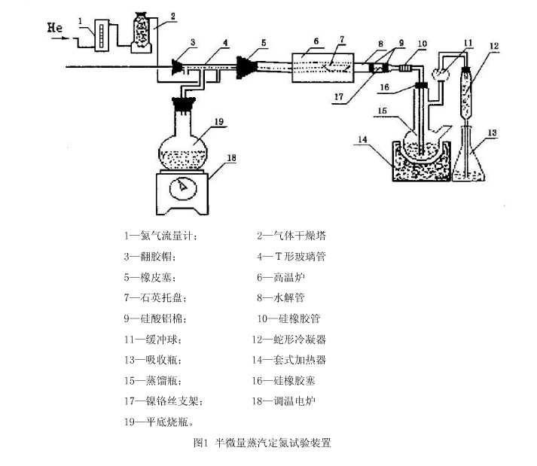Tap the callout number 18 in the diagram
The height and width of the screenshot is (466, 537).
coord(232,158)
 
